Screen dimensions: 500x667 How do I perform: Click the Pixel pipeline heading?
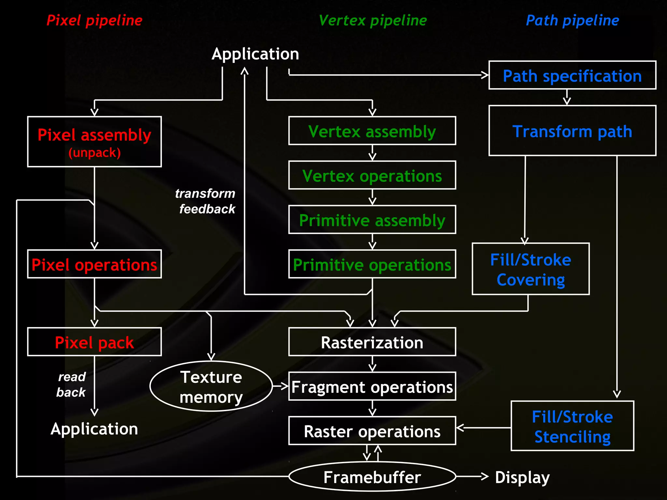94,21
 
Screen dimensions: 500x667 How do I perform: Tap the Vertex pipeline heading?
373,21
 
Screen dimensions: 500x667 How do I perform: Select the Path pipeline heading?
572,21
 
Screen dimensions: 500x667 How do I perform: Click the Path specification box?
572,75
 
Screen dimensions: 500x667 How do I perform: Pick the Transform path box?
572,131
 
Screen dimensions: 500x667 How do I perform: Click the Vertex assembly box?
372,131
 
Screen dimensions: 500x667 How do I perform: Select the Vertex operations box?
372,175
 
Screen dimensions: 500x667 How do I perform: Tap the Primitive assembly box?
372,220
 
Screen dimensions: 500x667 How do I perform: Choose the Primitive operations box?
372,264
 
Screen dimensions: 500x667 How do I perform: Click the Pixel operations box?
94,264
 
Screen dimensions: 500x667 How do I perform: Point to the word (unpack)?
94,153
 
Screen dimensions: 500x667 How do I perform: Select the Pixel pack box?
94,342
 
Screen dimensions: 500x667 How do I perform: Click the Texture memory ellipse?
211,386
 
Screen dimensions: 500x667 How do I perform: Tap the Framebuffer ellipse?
372,477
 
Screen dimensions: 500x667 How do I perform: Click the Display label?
522,477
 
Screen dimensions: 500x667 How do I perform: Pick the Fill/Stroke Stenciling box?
572,426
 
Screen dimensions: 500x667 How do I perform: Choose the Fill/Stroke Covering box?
531,269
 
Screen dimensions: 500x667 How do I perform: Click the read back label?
71,384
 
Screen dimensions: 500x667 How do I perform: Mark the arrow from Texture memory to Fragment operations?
280,386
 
